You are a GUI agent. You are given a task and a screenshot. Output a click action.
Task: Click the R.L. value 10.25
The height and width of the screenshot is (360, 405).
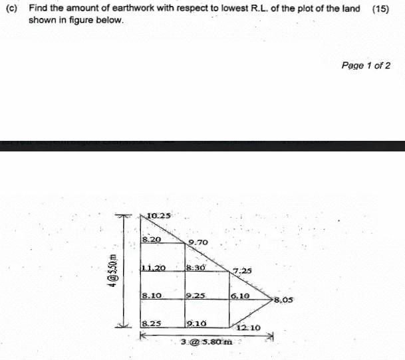click(160, 215)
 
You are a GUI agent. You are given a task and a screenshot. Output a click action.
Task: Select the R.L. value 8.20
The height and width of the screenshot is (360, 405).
click(151, 238)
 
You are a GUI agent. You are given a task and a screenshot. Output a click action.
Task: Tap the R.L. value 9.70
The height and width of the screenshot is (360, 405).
click(199, 244)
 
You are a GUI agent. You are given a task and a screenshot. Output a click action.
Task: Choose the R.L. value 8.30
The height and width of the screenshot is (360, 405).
click(197, 267)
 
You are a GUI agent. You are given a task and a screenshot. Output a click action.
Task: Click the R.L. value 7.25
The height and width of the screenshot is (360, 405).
click(242, 270)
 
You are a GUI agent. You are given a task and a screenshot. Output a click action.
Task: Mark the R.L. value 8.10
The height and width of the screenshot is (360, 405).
click(153, 295)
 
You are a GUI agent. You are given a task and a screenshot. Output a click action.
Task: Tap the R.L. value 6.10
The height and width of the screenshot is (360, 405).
click(240, 295)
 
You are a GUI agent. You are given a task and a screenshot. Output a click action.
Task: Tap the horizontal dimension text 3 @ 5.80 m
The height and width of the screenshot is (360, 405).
click(207, 342)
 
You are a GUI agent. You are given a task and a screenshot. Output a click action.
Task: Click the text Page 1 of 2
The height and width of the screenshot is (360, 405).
click(366, 65)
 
